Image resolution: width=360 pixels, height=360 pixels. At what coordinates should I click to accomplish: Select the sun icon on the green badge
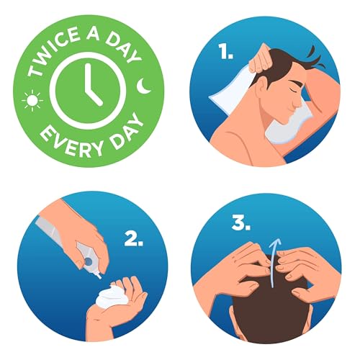(32, 101)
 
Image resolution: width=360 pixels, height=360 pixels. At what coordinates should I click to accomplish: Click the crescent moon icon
(143, 86)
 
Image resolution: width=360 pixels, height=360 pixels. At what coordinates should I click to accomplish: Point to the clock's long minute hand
(89, 78)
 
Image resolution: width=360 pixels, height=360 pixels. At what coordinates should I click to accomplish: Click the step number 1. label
(225, 52)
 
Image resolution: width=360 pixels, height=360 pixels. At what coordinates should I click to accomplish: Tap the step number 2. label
(134, 239)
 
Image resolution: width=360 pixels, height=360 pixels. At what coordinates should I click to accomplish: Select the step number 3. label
(241, 223)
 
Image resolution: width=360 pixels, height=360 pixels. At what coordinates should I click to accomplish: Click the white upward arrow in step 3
(274, 262)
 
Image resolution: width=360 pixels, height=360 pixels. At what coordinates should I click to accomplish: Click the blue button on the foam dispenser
(89, 261)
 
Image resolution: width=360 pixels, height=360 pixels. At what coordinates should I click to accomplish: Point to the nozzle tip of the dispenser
(99, 276)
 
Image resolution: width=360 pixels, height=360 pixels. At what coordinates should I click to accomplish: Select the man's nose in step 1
(299, 102)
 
